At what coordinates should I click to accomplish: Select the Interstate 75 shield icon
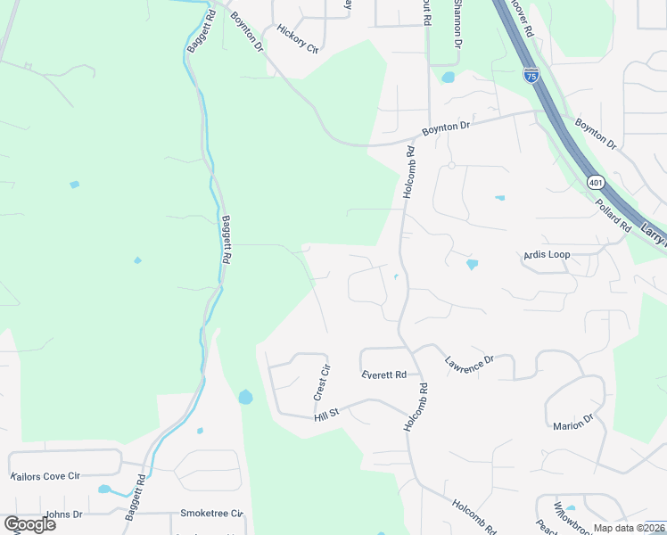[x=531, y=75]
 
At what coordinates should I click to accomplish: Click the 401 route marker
[x=596, y=183]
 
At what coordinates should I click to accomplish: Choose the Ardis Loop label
[x=546, y=255]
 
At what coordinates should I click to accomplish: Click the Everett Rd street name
[x=384, y=375]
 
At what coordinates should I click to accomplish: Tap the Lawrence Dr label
[x=469, y=364]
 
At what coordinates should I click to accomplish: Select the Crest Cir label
[x=323, y=381]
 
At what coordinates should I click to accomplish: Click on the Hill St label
[x=327, y=416]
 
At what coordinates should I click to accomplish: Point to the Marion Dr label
[x=572, y=423]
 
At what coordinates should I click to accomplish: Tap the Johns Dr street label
[x=63, y=514]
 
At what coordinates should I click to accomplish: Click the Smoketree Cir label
[x=211, y=514]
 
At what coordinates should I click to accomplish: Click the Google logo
[x=29, y=524]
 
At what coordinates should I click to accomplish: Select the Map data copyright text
[x=629, y=528]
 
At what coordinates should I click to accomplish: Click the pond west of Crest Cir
[x=245, y=397]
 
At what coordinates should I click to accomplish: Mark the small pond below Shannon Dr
[x=448, y=78]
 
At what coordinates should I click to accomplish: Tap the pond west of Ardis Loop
[x=472, y=264]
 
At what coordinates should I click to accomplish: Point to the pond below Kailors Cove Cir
[x=104, y=490]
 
